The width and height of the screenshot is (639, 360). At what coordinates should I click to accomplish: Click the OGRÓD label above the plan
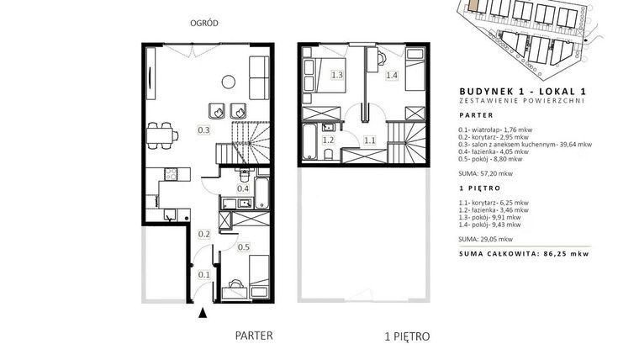coord(204,24)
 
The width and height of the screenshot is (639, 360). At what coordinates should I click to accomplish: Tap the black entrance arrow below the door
coord(203,313)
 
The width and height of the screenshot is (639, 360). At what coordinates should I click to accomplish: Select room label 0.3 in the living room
coord(203,130)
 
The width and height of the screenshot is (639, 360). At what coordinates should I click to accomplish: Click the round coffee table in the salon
coord(229,82)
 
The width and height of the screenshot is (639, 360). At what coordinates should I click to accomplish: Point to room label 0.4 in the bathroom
coord(243,188)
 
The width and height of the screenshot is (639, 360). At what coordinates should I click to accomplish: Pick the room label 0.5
coord(244,247)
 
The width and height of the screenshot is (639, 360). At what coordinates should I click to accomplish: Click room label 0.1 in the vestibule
coord(203,275)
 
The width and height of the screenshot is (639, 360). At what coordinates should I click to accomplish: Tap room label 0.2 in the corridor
coord(204,234)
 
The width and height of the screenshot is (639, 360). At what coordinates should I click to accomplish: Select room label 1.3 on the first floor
coord(337,75)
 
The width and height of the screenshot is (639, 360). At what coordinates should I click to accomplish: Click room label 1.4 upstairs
coord(392,75)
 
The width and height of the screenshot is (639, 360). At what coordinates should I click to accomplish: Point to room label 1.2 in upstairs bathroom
coord(328,140)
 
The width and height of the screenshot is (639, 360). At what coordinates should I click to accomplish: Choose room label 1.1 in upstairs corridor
coord(370,140)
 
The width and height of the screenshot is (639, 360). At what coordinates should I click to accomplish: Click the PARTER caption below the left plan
coord(254,336)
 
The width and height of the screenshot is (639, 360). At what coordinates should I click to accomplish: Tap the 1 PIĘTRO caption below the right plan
coord(407,336)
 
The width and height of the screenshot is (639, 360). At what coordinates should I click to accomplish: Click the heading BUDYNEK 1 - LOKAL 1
coord(522,92)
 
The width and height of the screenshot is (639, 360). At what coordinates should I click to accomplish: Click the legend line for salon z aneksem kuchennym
coord(525,145)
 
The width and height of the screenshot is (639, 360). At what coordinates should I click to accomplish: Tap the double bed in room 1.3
coord(325,76)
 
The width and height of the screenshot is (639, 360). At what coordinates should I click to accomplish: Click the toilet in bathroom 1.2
coord(329,154)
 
